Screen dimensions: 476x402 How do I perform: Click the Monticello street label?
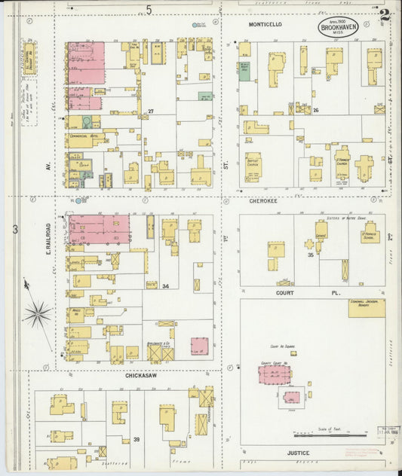[265, 24]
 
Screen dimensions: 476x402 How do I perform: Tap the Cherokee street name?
[265, 201]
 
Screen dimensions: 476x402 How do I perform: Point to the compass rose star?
[37, 313]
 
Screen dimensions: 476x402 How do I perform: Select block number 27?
[151, 111]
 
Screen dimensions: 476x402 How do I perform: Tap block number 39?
[137, 439]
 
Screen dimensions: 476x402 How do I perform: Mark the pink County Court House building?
[274, 374]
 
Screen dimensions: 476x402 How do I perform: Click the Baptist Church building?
[252, 166]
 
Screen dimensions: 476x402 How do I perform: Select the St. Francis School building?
[369, 235]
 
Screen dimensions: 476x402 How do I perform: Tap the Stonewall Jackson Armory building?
[367, 307]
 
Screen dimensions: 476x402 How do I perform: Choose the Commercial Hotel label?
[85, 136]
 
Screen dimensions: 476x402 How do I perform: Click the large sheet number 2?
[385, 14]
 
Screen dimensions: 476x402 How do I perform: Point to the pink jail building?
[291, 396]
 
